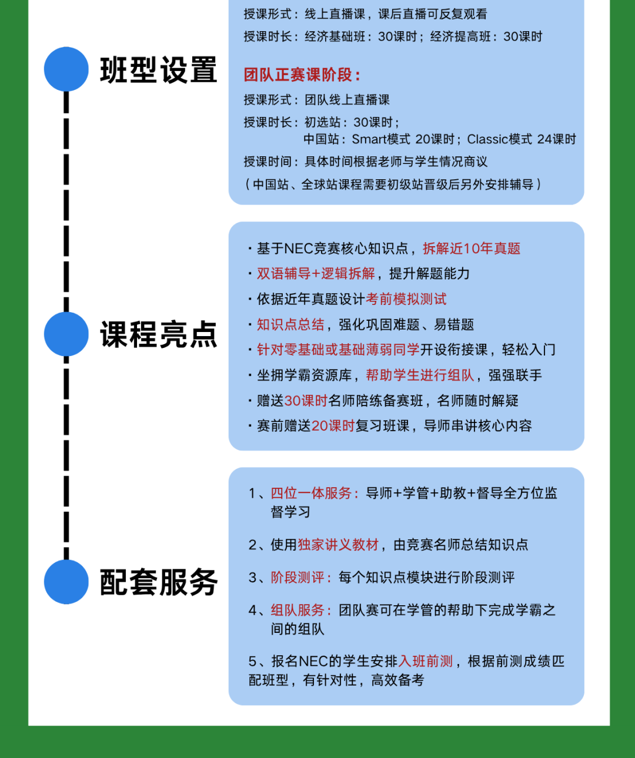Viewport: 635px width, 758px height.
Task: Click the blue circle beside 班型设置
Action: pos(66,69)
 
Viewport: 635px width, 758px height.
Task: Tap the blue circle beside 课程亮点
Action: pos(66,334)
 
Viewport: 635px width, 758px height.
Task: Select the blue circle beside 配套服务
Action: pos(66,582)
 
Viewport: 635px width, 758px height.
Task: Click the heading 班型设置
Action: pos(159,70)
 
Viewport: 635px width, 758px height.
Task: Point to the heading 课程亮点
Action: pos(159,334)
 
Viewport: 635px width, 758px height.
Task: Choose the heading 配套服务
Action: pos(159,582)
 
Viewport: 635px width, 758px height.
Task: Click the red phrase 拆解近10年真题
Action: pos(472,249)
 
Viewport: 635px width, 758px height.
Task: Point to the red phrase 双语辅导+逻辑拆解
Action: pos(316,274)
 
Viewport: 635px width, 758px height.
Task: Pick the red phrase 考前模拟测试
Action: pos(406,299)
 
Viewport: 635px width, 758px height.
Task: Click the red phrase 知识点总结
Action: pos(290,324)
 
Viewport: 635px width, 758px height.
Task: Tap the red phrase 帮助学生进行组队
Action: pos(420,375)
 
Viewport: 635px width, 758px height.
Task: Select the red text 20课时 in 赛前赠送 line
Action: pos(333,426)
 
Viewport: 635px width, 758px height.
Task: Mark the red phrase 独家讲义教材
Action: pos(338,545)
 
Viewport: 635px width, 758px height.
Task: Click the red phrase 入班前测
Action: pos(426,661)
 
